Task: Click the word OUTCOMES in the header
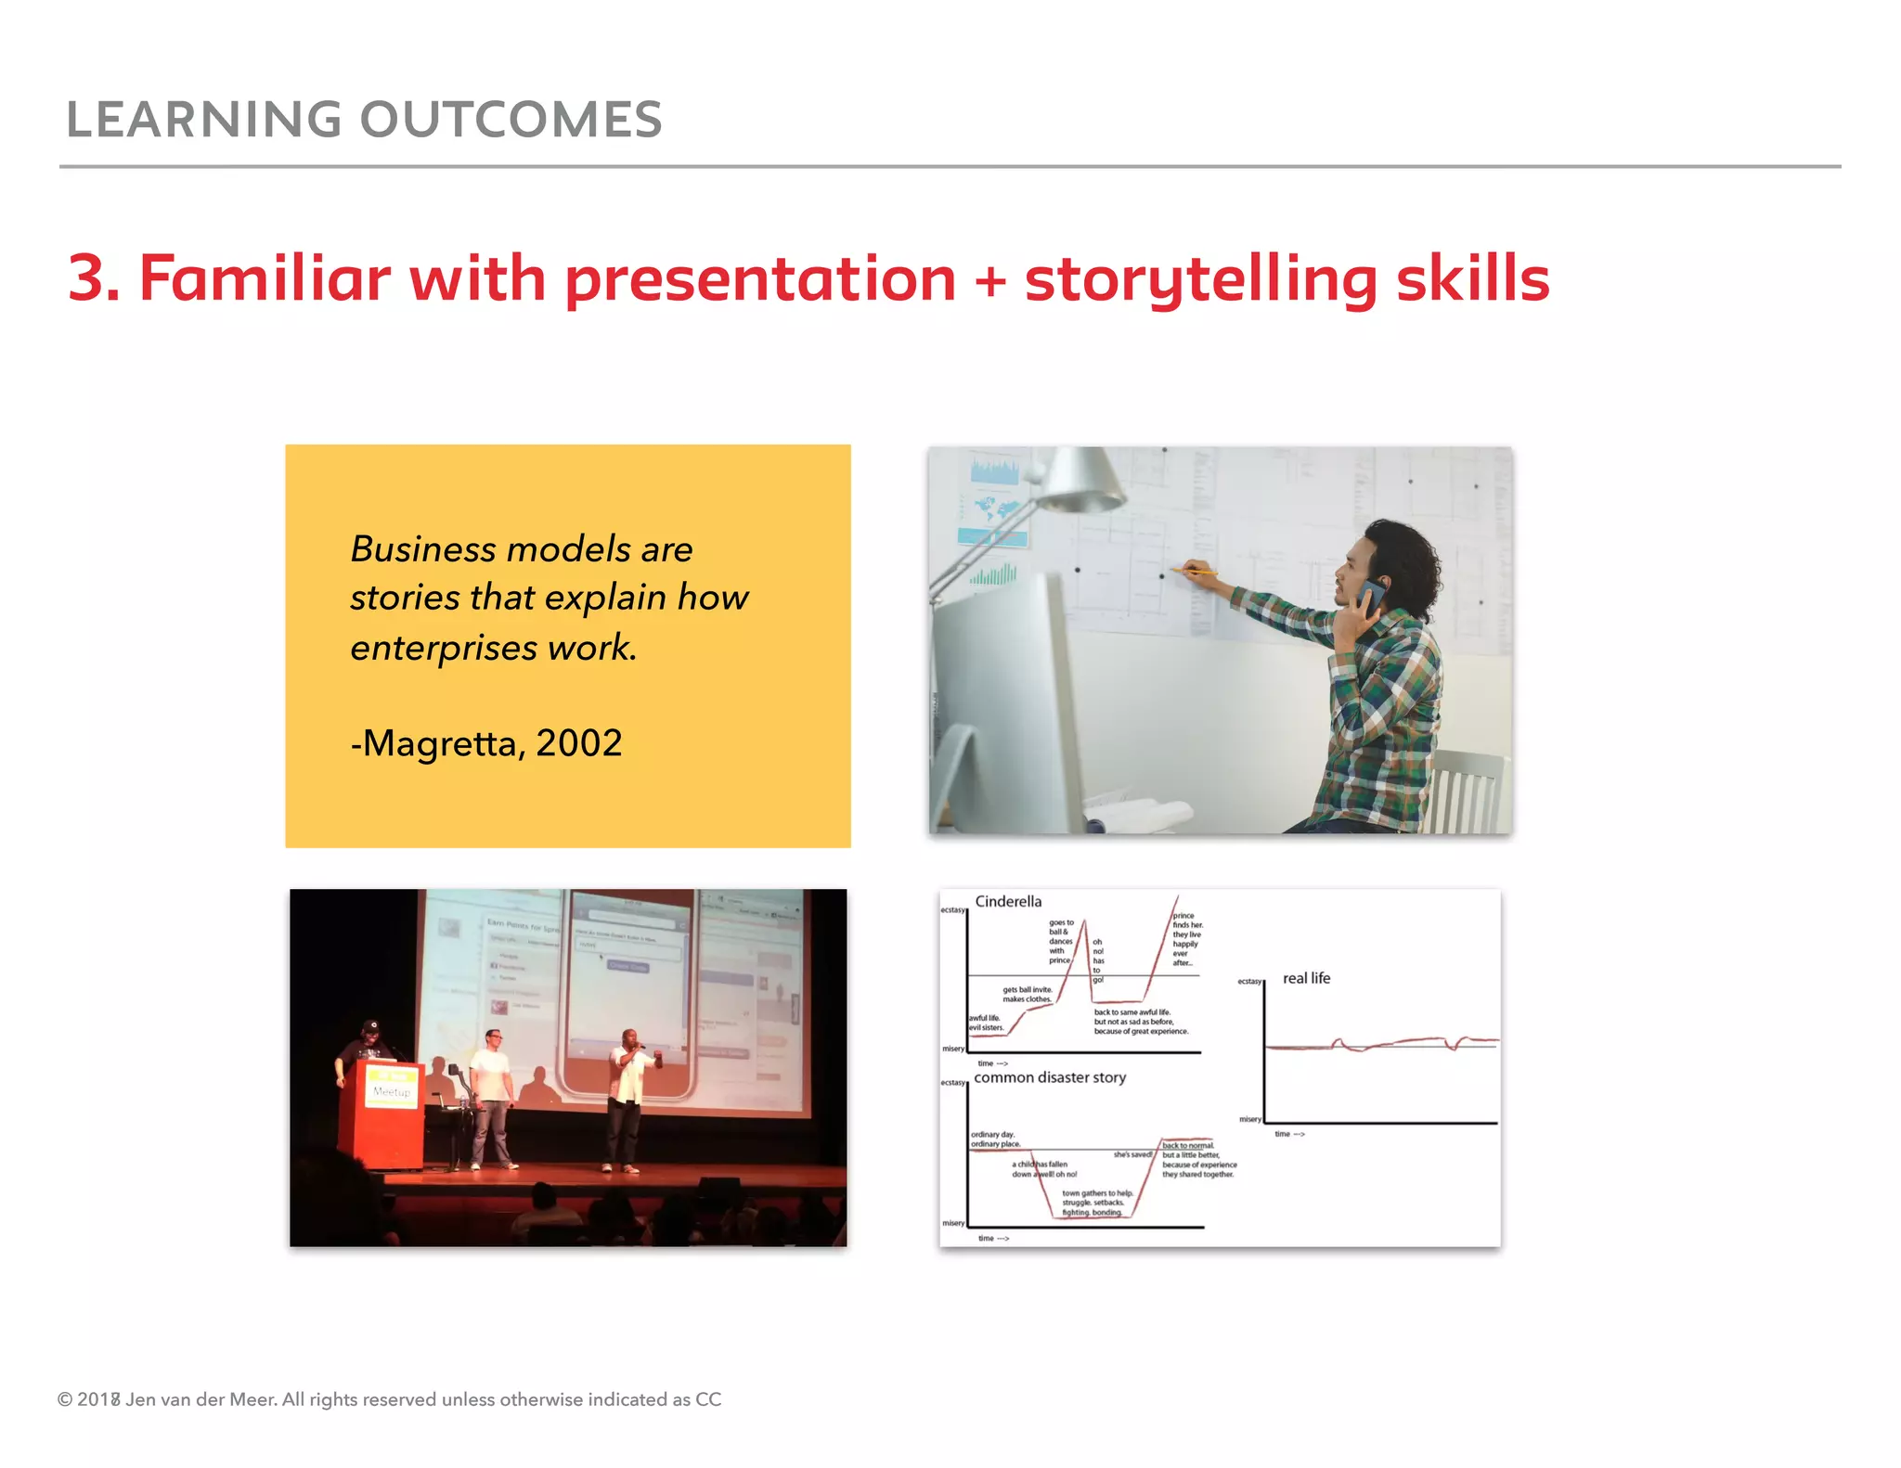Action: (x=511, y=121)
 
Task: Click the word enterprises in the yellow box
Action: (x=444, y=648)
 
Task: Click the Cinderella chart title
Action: (x=1008, y=902)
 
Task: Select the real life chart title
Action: (x=1306, y=978)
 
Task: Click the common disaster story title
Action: (x=1050, y=1077)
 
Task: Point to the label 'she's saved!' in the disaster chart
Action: (x=1132, y=1154)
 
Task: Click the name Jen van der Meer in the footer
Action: (x=200, y=1399)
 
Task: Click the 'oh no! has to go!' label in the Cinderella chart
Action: (x=1098, y=960)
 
